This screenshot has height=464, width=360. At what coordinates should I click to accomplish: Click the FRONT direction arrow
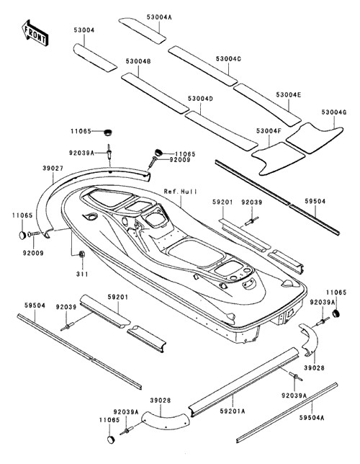tap(35, 33)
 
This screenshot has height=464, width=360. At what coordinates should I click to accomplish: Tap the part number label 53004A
tap(159, 17)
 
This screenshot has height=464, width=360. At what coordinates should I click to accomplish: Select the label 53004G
tap(334, 112)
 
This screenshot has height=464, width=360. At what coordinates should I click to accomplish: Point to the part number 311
tap(82, 274)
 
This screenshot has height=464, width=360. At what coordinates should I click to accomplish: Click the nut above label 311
tap(82, 254)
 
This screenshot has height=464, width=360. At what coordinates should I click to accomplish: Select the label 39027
tap(53, 169)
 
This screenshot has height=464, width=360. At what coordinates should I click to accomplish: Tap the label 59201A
tap(233, 411)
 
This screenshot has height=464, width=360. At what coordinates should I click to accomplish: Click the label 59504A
tap(312, 418)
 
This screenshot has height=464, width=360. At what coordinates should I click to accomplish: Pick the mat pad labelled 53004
tap(95, 58)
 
